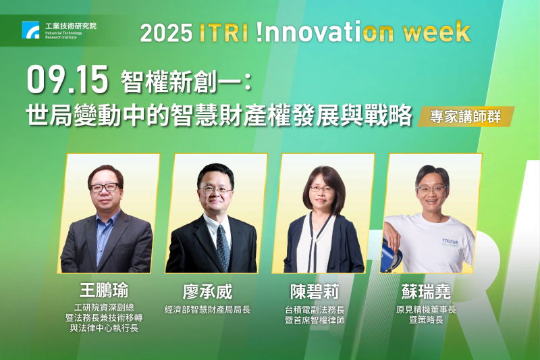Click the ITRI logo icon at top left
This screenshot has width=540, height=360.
pyautogui.click(x=31, y=30)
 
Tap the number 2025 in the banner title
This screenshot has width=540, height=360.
pyautogui.click(x=166, y=32)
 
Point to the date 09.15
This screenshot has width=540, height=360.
pyautogui.click(x=67, y=80)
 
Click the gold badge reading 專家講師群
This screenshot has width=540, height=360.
pyautogui.click(x=466, y=116)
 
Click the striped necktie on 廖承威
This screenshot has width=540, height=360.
pyautogui.click(x=223, y=247)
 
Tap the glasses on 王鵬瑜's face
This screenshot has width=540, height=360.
pyautogui.click(x=106, y=187)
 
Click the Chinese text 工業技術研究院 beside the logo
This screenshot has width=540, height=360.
pyautogui.click(x=70, y=26)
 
